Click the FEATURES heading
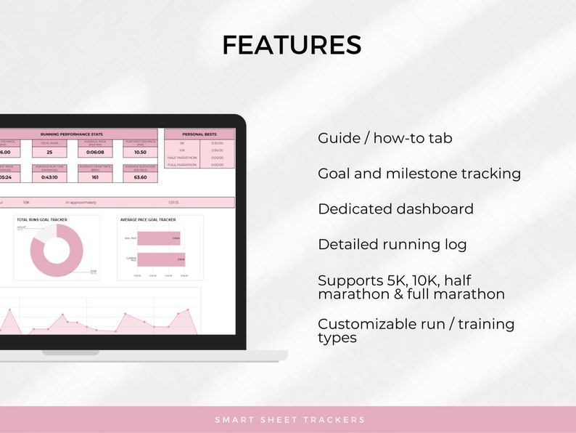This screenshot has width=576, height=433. (292, 45)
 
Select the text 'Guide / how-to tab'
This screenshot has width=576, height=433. (384, 138)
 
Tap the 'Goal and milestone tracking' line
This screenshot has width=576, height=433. (419, 174)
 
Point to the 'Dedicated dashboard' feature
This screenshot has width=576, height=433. (395, 209)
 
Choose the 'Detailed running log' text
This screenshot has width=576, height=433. (392, 245)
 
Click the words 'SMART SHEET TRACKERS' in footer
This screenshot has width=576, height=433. (290, 420)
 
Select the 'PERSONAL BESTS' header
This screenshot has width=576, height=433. (199, 134)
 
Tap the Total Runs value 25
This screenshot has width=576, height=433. (49, 153)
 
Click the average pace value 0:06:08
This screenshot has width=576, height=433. (96, 153)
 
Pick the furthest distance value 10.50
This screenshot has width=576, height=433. (140, 153)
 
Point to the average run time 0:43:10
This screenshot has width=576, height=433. (49, 177)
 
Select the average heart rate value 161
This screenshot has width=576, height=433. (96, 177)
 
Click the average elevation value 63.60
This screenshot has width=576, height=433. (140, 177)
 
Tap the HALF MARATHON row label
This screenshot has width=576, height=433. (182, 158)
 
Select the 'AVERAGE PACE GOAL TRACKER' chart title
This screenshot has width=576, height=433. (148, 219)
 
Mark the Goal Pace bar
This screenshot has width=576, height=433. (157, 238)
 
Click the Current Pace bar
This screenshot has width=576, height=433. (160, 259)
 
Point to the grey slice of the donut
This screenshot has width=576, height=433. (44, 233)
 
